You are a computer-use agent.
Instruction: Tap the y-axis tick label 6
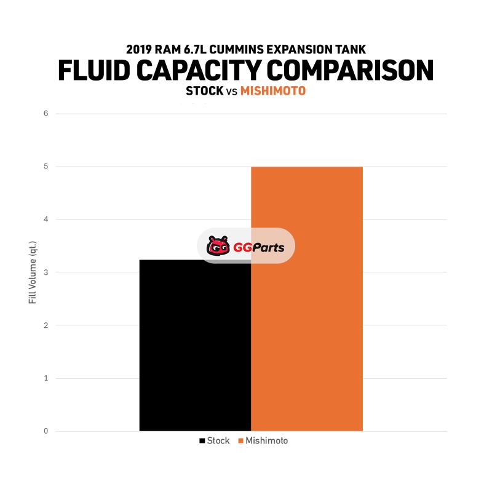46,114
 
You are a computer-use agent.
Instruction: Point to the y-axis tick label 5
46,167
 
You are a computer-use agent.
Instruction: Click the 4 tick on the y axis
46,220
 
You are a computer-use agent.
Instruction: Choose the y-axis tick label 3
46,272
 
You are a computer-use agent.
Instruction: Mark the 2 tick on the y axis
46,325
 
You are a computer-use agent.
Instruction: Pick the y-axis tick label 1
46,378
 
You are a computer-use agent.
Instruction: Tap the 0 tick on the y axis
46,431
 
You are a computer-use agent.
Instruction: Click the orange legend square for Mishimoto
240,441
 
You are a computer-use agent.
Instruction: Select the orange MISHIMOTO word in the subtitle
272,91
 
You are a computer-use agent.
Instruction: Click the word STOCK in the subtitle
204,91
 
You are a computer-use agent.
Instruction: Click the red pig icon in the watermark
218,247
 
